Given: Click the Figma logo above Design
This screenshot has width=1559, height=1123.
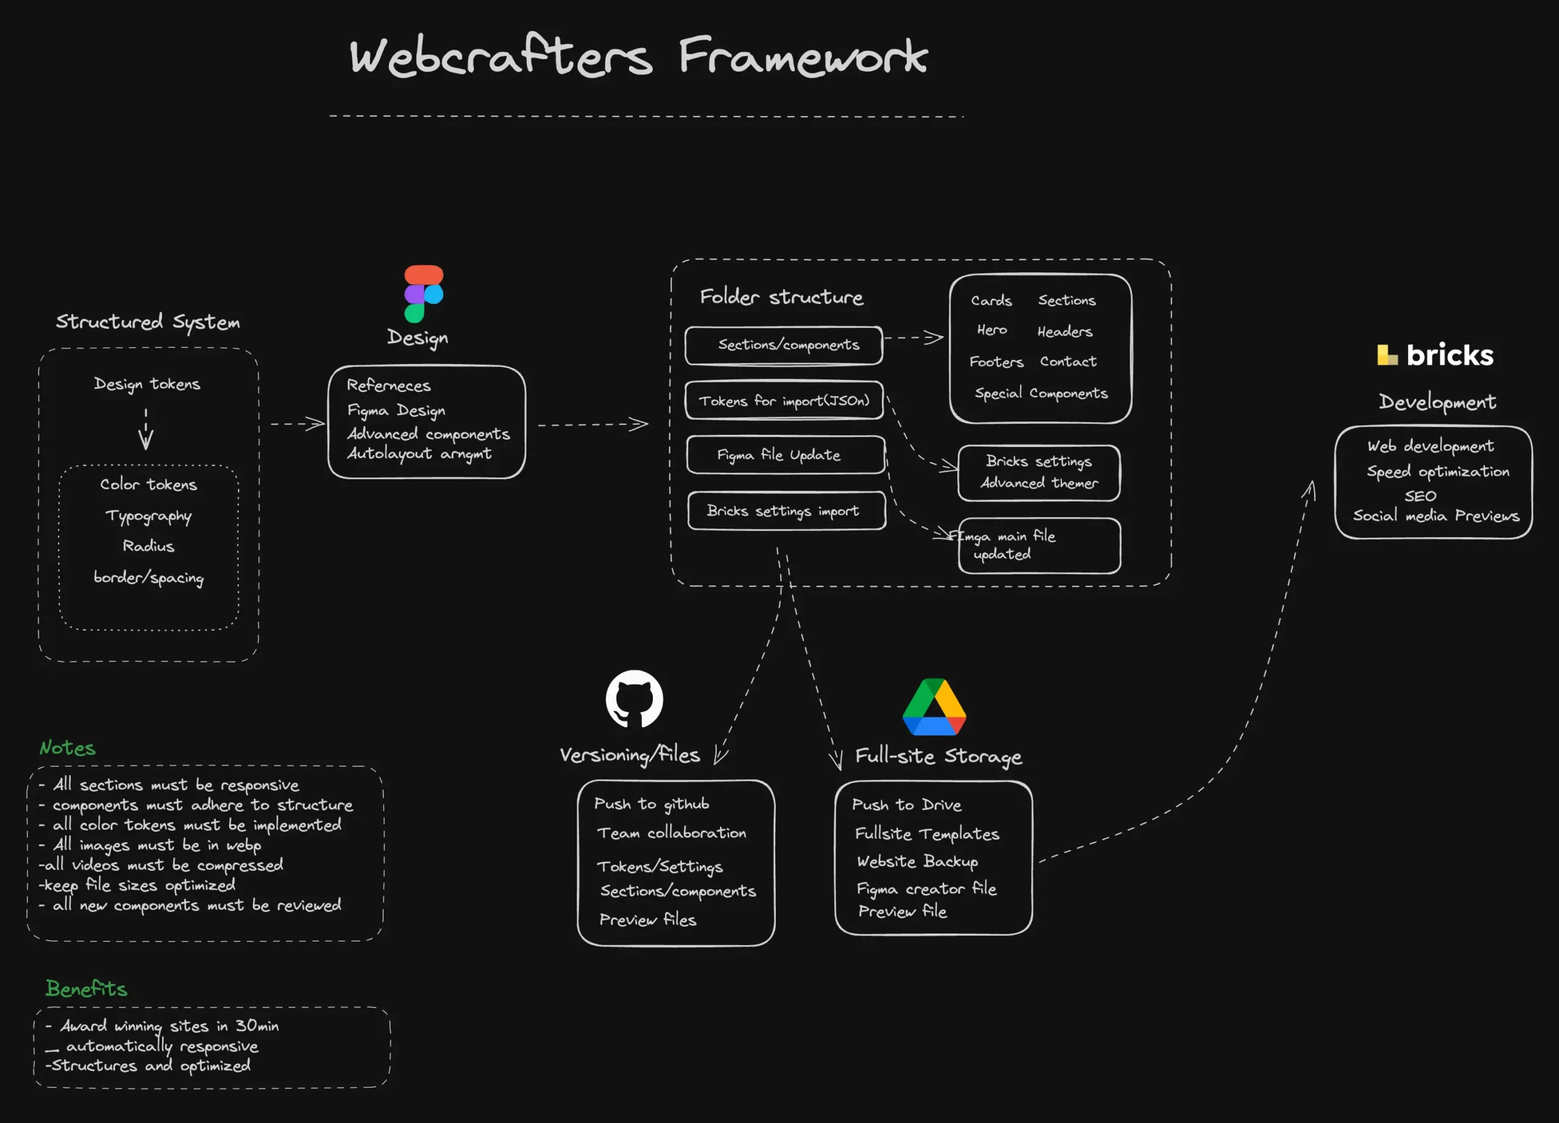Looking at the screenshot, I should [423, 294].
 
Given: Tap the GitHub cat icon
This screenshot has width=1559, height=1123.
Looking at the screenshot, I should [634, 699].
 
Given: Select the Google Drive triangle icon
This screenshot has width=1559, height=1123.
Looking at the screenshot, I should [934, 707].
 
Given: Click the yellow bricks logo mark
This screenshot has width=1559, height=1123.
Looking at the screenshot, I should [1387, 354].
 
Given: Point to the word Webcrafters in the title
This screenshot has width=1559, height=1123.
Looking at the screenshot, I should [501, 57].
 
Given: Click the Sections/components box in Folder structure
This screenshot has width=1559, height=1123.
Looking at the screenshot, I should [784, 345].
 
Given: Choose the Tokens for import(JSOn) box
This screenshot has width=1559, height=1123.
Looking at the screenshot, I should [784, 401].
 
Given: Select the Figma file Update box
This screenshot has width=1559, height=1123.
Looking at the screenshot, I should [785, 455].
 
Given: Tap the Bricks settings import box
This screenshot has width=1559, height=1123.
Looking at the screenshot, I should [786, 510].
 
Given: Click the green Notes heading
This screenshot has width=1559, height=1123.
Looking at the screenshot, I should [68, 748].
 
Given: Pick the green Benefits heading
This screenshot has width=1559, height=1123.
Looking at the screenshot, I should [86, 988].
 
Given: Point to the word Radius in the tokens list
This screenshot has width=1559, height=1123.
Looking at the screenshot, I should [149, 546].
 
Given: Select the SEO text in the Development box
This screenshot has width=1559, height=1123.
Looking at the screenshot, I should [1420, 496].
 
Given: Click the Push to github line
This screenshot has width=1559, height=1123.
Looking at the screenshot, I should [651, 804].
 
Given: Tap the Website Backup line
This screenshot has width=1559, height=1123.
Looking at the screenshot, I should [917, 861].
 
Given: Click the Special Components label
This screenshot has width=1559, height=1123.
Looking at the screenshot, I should [1041, 393].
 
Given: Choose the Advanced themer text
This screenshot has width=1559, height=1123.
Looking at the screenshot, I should [1039, 483].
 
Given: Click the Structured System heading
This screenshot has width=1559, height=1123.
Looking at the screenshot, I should [148, 322].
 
